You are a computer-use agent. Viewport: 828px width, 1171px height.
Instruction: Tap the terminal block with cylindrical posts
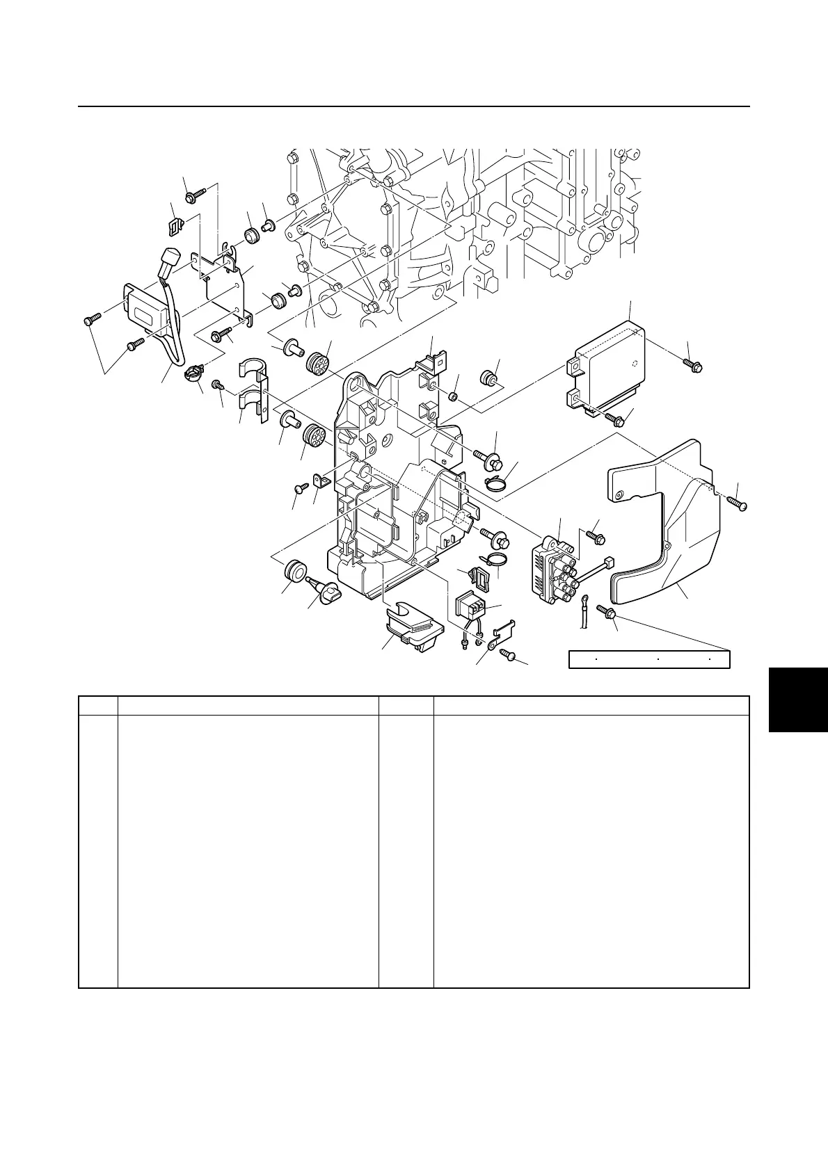click(553, 567)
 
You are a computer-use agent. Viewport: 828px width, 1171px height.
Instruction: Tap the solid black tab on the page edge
click(798, 699)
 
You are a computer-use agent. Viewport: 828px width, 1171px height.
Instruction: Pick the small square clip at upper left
click(176, 225)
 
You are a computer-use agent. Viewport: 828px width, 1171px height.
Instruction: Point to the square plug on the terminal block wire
click(610, 563)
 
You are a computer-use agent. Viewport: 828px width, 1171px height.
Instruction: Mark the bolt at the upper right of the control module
click(694, 364)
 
